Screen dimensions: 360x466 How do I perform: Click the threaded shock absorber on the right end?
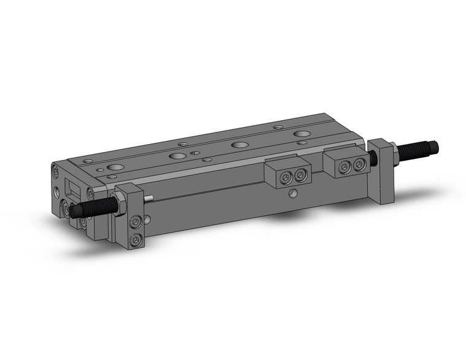click(x=420, y=149)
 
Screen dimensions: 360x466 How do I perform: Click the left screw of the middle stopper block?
click(x=286, y=177)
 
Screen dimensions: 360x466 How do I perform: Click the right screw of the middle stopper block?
click(x=300, y=175)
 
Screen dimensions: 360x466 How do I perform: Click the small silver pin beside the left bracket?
click(x=149, y=198)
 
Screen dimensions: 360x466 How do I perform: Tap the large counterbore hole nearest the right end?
click(x=301, y=134)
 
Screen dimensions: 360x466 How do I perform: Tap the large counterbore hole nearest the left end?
click(x=115, y=167)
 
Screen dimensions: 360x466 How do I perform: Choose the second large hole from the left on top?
click(x=177, y=156)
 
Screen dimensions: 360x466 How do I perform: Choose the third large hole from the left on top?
click(x=239, y=145)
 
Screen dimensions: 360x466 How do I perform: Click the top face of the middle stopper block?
click(x=288, y=164)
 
